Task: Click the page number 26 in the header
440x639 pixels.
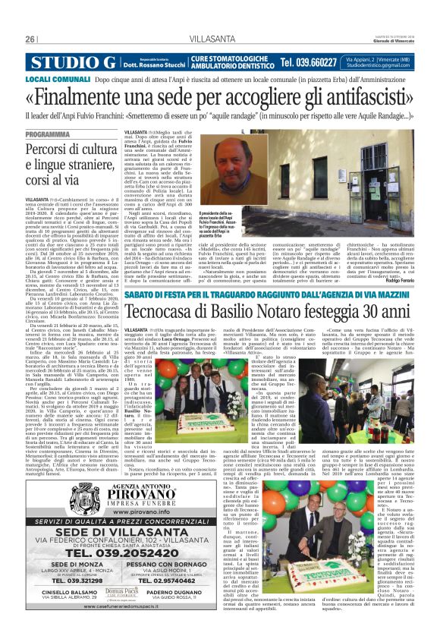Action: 30,39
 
